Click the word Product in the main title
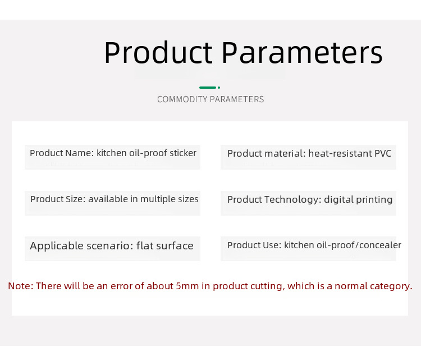[158, 52]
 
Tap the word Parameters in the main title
[302, 52]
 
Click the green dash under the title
[208, 88]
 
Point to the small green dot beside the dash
[219, 88]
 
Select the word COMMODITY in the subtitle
[182, 99]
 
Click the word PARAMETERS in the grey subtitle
[237, 99]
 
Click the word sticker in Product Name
[183, 153]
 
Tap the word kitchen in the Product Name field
[112, 153]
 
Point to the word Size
[75, 199]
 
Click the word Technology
[293, 199]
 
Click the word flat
[144, 245]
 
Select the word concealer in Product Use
[380, 245]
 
